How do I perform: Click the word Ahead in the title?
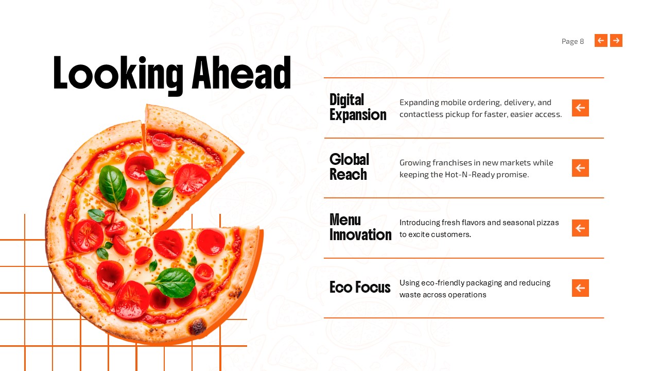coord(241,74)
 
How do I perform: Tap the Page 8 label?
coord(573,41)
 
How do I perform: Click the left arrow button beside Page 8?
coord(601,41)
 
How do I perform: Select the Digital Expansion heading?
coord(357,107)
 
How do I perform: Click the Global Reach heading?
coord(349,167)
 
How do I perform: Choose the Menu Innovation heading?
coord(360,227)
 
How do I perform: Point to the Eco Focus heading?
coord(360,287)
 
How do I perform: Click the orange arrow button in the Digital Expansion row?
coord(580,108)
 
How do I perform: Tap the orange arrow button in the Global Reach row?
coord(580,168)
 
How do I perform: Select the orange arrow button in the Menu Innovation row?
coord(580,228)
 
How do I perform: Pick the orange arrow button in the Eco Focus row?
coord(580,288)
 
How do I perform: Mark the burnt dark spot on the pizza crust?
coord(197,326)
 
